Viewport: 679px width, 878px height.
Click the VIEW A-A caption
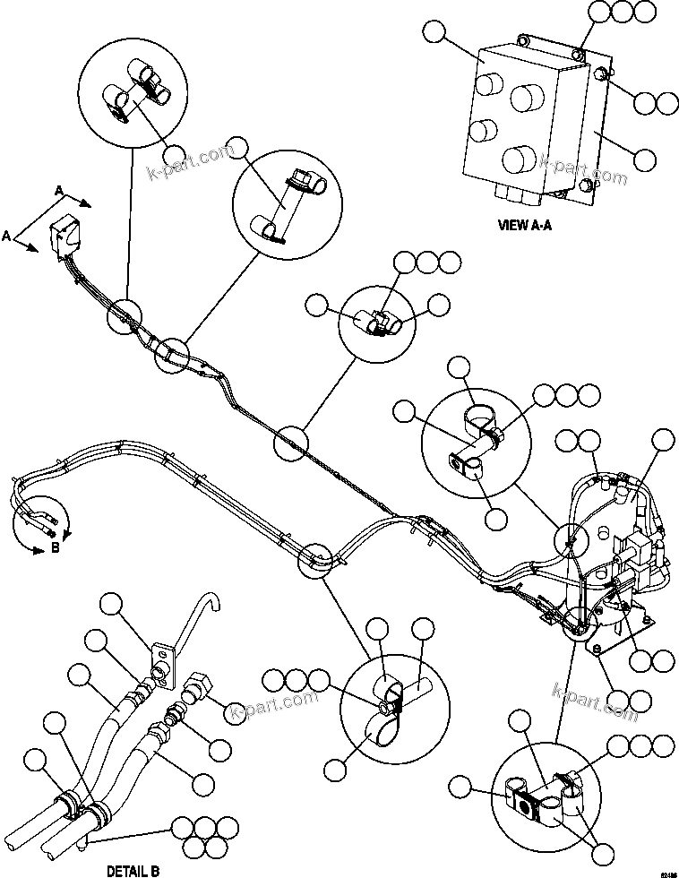click(525, 226)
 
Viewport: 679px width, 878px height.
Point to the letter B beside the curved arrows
click(56, 549)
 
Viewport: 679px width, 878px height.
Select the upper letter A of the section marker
click(58, 191)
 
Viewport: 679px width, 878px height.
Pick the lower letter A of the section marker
click(7, 237)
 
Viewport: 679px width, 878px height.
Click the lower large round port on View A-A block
click(520, 160)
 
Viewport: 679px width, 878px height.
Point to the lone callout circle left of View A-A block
click(436, 33)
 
